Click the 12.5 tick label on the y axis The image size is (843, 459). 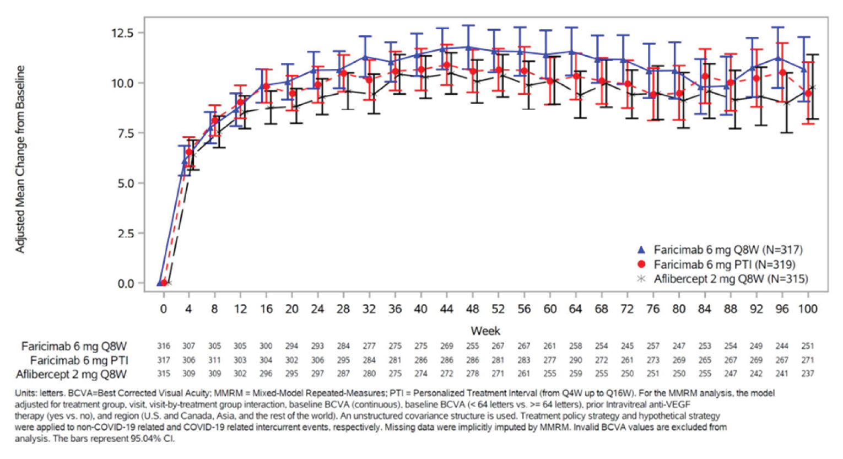coord(122,33)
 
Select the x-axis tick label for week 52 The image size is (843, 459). coord(498,309)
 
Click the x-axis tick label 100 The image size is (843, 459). coord(808,309)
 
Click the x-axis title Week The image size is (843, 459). coord(485,331)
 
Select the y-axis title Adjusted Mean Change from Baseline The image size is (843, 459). coord(20,159)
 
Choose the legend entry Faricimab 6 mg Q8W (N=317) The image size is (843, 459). coord(728,250)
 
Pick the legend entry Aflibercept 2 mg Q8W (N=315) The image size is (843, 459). coord(731,279)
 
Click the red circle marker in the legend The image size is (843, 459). coord(641,264)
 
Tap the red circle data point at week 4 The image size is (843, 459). coord(189,152)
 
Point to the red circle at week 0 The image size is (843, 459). coord(164,283)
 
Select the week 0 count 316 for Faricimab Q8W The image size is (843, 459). coord(164,346)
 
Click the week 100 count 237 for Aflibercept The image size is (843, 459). coord(808,374)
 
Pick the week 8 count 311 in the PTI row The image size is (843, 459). coord(214,360)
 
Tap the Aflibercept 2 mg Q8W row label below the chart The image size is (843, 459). coord(71,374)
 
